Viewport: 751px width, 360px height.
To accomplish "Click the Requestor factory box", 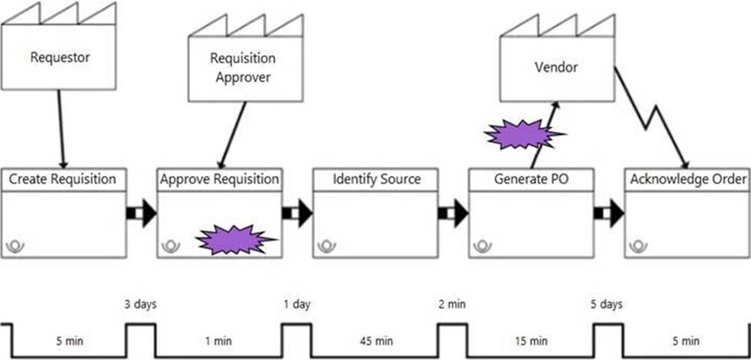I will coord(60,57).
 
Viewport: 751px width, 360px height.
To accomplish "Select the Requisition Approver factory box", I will coord(244,67).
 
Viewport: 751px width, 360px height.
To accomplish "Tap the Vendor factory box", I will coord(556,67).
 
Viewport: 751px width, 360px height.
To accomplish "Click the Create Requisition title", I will coord(62,180).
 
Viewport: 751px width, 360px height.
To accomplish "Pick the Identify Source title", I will coord(376,180).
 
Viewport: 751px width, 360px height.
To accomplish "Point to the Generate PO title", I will coord(532,180).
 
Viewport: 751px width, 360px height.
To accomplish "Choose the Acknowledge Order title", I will coord(688,180).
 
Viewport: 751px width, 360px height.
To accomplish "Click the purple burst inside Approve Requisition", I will coord(234,240).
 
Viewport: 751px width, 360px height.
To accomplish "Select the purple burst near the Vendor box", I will coord(522,134).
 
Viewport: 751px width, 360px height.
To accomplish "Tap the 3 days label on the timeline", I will coord(141,304).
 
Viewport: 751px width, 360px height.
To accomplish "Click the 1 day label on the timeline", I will coord(297,304).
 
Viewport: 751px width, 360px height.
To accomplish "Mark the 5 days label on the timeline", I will coord(608,304).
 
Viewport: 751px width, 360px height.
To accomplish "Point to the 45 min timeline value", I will coord(375,341).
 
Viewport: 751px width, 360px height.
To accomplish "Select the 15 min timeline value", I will coord(531,341).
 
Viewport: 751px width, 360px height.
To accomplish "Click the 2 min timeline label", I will coord(453,304).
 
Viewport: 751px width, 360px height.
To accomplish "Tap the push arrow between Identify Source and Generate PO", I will coord(453,213).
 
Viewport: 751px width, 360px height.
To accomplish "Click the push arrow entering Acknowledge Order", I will coord(609,213).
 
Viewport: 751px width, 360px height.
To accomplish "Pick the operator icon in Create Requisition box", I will coord(16,246).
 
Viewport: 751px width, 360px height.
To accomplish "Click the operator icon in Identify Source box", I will coord(328,246).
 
